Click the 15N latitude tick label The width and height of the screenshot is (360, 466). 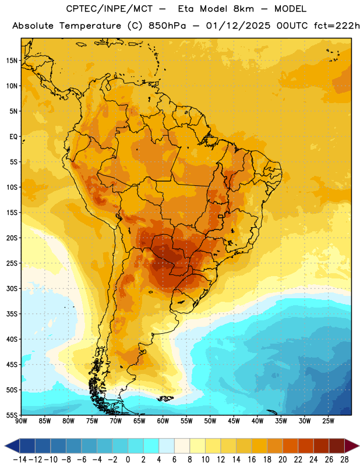tap(12, 61)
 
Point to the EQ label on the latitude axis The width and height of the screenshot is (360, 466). tap(13, 137)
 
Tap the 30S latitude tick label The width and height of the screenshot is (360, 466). tap(12, 288)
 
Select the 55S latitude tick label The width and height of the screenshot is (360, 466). tap(12, 415)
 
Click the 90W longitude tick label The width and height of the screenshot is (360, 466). tap(22, 421)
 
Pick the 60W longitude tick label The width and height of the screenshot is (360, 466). tap(163, 421)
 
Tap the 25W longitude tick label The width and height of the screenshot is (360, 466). tap(329, 421)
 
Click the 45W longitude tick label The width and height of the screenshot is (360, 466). tap(234, 421)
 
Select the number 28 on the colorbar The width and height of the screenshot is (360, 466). tap(344, 460)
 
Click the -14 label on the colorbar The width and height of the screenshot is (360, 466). tap(20, 460)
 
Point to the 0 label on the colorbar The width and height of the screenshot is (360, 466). tap(128, 460)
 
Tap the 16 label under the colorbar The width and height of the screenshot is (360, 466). tap(252, 460)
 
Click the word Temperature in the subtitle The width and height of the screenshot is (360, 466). tap(90, 26)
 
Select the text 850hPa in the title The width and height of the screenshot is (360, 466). tap(167, 26)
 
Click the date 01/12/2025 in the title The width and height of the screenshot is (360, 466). tap(238, 26)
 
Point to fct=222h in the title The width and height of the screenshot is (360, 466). tap(337, 26)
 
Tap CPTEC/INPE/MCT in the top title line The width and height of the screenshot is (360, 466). tap(110, 9)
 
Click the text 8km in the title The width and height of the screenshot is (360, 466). tap(243, 9)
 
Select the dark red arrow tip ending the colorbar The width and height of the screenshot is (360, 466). tap(352, 446)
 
